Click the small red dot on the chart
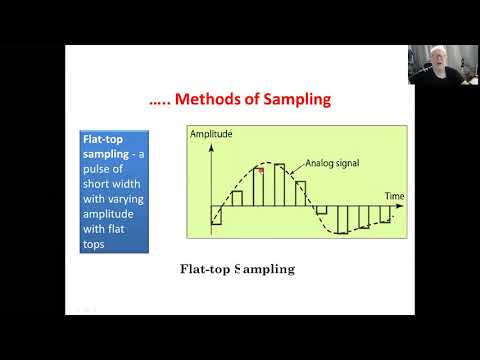pyautogui.click(x=261, y=171)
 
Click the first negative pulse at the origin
pyautogui.click(x=215, y=219)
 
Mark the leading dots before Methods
pyautogui.click(x=161, y=101)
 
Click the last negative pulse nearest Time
pyautogui.click(x=385, y=217)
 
